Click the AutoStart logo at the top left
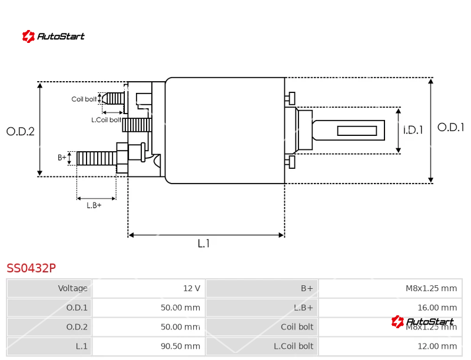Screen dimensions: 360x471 pyautogui.click(x=54, y=36)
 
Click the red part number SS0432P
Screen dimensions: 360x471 pyautogui.click(x=31, y=268)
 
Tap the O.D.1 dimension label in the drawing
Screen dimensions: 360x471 pyautogui.click(x=450, y=127)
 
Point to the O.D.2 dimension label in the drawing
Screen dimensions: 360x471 pyautogui.click(x=21, y=132)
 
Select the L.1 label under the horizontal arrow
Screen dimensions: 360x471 pyautogui.click(x=204, y=244)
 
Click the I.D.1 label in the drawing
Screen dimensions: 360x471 pyautogui.click(x=413, y=130)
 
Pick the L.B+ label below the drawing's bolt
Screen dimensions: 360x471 pyautogui.click(x=94, y=205)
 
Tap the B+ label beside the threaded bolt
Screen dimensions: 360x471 pyautogui.click(x=62, y=158)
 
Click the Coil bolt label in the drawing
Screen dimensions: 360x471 pyautogui.click(x=84, y=99)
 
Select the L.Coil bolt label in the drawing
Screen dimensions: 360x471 pyautogui.click(x=106, y=120)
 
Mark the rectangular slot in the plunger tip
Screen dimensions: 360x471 pyautogui.click(x=357, y=131)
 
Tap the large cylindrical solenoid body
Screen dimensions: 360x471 pyautogui.click(x=224, y=130)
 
